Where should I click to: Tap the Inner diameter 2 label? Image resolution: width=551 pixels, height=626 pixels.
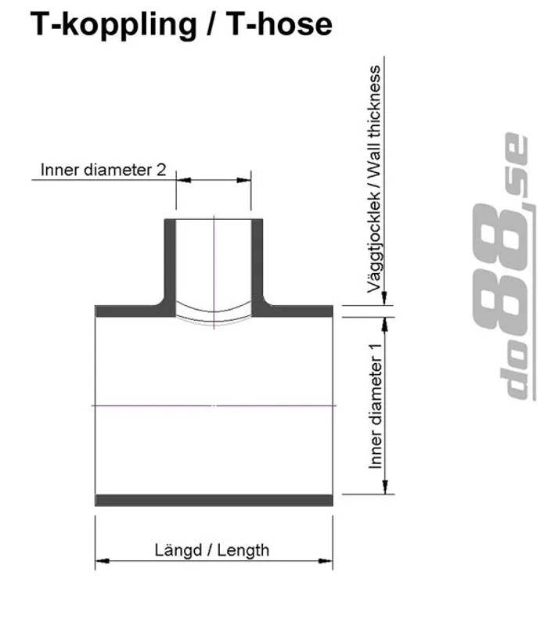(x=103, y=169)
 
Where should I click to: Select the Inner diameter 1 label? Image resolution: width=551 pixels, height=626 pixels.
(x=376, y=406)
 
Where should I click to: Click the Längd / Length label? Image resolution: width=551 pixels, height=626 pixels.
(x=211, y=549)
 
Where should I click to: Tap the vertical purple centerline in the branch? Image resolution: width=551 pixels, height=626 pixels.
(x=214, y=258)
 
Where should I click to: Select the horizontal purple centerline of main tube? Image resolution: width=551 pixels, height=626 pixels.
(x=157, y=405)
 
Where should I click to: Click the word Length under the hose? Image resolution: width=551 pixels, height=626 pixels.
(x=243, y=549)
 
